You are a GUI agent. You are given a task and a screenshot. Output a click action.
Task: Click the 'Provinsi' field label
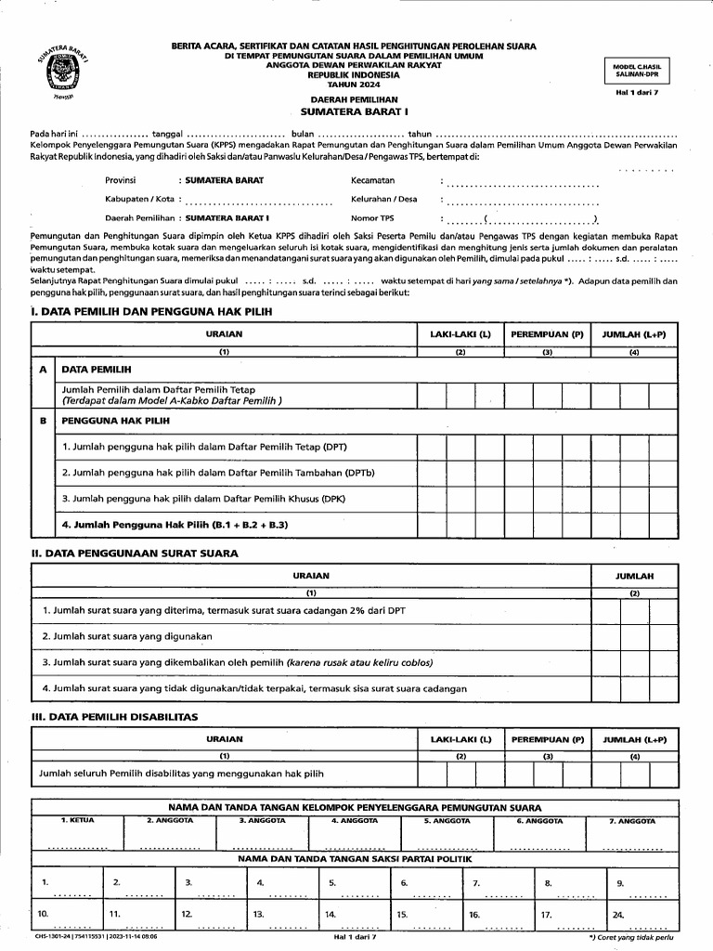point(121,179)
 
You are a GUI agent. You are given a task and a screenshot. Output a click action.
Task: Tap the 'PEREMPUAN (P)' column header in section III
point(548,739)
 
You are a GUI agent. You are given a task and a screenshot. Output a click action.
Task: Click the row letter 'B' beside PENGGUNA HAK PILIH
point(43,421)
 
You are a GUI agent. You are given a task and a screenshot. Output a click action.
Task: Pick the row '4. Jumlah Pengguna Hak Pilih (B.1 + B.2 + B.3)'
point(175,525)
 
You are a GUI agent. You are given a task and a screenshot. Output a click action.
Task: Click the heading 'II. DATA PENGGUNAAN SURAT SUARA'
point(136,554)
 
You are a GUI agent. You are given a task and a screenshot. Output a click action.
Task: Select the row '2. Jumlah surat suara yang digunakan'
point(127,636)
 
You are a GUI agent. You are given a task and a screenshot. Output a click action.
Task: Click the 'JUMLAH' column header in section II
point(634,577)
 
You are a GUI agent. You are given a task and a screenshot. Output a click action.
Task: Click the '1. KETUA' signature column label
point(77,821)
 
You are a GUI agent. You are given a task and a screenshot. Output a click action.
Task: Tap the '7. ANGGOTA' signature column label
point(632,821)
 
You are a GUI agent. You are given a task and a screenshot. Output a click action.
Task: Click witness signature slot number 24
point(618,914)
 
